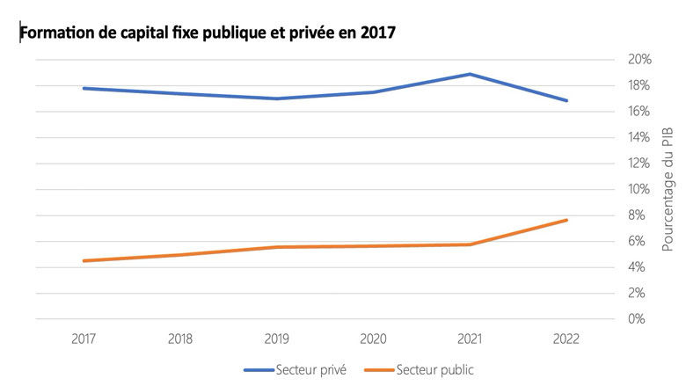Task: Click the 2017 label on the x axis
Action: point(85,338)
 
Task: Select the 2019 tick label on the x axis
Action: point(277,338)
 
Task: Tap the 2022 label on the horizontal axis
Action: point(566,338)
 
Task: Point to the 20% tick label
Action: point(639,60)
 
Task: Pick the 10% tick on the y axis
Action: point(639,189)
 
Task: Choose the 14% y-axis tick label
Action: point(639,137)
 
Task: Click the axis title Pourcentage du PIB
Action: point(667,189)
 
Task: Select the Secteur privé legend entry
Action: point(296,370)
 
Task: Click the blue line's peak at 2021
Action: point(470,74)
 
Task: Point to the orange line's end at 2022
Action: point(566,220)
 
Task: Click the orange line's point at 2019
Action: point(277,247)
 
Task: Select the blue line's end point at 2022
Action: point(566,100)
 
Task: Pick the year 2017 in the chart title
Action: point(377,33)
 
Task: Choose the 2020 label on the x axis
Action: point(374,338)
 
